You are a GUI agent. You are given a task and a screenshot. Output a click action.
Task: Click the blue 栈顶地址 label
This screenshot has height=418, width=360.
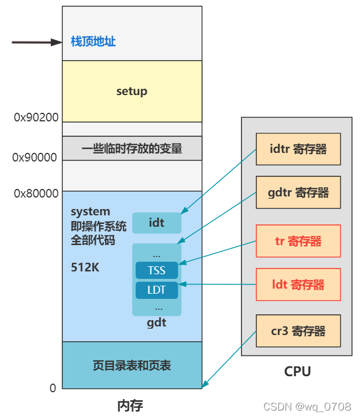pyautogui.click(x=93, y=42)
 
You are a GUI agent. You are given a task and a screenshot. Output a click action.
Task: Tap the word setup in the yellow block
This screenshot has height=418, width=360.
pyautogui.click(x=132, y=91)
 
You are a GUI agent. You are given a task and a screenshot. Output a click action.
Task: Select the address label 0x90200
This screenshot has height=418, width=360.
pyautogui.click(x=36, y=117)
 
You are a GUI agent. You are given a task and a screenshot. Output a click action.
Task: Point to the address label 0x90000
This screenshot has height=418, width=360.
pyautogui.click(x=35, y=157)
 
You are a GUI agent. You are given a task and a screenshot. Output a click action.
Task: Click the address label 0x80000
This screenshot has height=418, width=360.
pyautogui.click(x=36, y=194)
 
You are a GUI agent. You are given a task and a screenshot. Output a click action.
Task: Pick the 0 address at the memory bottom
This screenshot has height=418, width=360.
pyautogui.click(x=53, y=388)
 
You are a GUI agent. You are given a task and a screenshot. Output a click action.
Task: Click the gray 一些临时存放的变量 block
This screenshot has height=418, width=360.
pyautogui.click(x=132, y=149)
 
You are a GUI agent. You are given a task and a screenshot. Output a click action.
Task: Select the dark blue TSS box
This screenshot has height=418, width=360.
pyautogui.click(x=156, y=270)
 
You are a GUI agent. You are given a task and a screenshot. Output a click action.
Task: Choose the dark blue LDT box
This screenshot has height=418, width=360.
pyautogui.click(x=156, y=290)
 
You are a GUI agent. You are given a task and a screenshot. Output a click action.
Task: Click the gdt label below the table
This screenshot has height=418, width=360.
pyautogui.click(x=156, y=322)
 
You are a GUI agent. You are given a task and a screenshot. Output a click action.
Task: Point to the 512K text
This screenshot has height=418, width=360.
pyautogui.click(x=85, y=267)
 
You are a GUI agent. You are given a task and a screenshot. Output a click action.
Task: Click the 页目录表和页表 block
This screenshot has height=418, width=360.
pyautogui.click(x=132, y=365)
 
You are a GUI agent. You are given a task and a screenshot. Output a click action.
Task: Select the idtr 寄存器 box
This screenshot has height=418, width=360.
pyautogui.click(x=298, y=149)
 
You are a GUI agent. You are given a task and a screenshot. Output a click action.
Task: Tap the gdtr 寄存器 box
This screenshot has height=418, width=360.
pyautogui.click(x=298, y=192)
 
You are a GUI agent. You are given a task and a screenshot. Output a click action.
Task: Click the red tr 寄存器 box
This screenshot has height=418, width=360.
pyautogui.click(x=298, y=241)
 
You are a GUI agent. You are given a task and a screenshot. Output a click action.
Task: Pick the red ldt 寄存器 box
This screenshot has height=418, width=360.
pyautogui.click(x=298, y=285)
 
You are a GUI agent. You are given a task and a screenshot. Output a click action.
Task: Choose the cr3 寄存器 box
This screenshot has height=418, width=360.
pyautogui.click(x=298, y=331)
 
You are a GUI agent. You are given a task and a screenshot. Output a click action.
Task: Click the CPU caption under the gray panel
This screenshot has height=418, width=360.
pyautogui.click(x=298, y=372)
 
